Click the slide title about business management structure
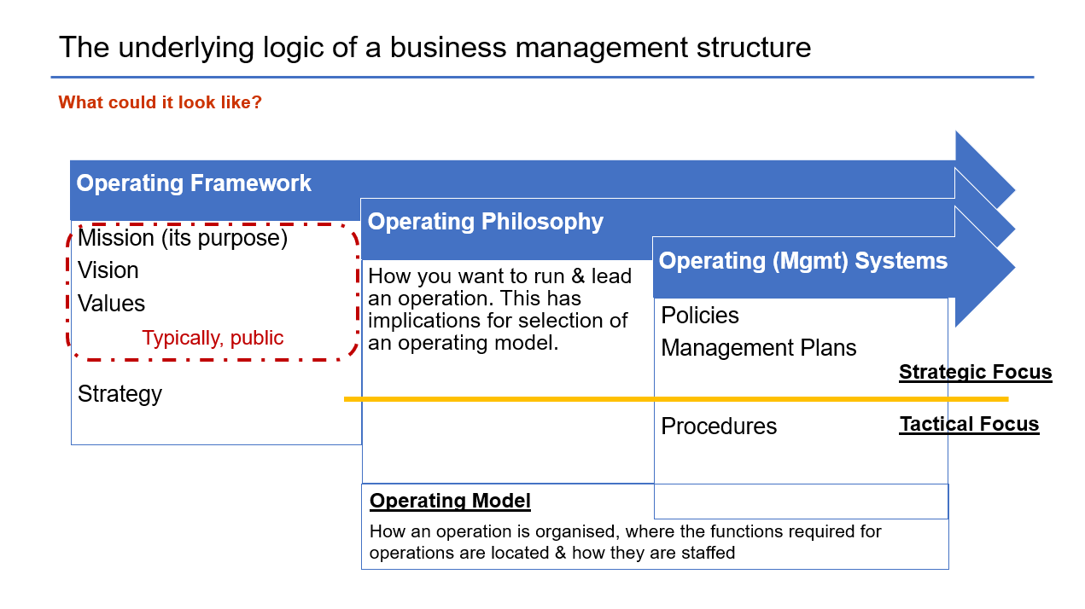pyautogui.click(x=435, y=48)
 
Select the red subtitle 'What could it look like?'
pyautogui.click(x=160, y=102)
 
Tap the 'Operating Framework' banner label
pyautogui.click(x=194, y=183)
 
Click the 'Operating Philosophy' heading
pyautogui.click(x=486, y=223)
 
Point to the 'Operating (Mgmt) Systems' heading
pyautogui.click(x=803, y=261)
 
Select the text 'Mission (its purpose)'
pyautogui.click(x=183, y=238)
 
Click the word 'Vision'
pyautogui.click(x=108, y=270)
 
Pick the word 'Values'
pyautogui.click(x=112, y=304)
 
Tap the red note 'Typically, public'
pyautogui.click(x=213, y=338)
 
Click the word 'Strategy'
pyautogui.click(x=120, y=394)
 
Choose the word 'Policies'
pyautogui.click(x=700, y=315)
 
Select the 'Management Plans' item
pyautogui.click(x=759, y=348)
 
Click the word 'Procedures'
pyautogui.click(x=719, y=426)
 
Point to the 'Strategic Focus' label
pyautogui.click(x=976, y=372)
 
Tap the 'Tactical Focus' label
pyautogui.click(x=969, y=424)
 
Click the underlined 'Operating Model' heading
pyautogui.click(x=450, y=501)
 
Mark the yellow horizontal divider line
pyautogui.click(x=676, y=399)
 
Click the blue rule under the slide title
pyautogui.click(x=543, y=77)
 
